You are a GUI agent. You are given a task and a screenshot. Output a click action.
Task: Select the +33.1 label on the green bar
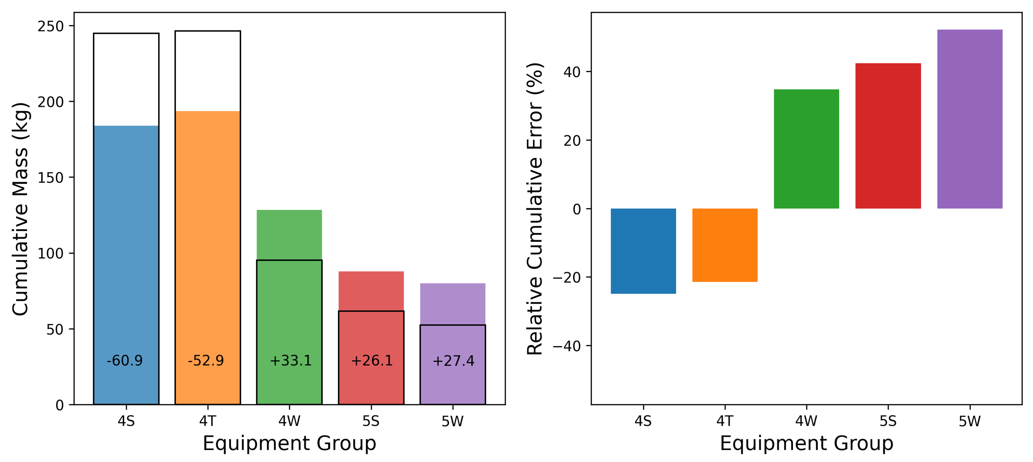[290, 360]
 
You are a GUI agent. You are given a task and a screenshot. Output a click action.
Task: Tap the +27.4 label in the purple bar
[453, 361]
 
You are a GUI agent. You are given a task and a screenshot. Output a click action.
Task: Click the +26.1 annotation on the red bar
[372, 360]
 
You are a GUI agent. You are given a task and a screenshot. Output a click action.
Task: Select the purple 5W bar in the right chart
[969, 119]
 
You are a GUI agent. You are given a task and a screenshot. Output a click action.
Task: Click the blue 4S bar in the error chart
[643, 251]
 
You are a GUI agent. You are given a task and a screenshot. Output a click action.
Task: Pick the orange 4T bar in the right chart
[725, 245]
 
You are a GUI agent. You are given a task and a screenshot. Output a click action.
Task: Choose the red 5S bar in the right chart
[888, 136]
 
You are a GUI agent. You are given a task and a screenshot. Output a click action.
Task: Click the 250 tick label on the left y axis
[51, 26]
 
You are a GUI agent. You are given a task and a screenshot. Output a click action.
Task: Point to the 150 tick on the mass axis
[51, 178]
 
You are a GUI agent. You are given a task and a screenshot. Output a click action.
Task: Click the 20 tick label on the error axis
[572, 141]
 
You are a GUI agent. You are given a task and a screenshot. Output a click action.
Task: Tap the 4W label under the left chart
[289, 421]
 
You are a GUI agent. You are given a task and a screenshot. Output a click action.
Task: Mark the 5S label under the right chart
[888, 421]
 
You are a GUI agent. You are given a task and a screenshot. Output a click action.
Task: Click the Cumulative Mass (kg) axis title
[20, 209]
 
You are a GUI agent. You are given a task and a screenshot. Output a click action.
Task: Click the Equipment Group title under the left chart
[289, 443]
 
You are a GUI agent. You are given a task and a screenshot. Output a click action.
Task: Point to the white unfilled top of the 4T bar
[207, 71]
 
